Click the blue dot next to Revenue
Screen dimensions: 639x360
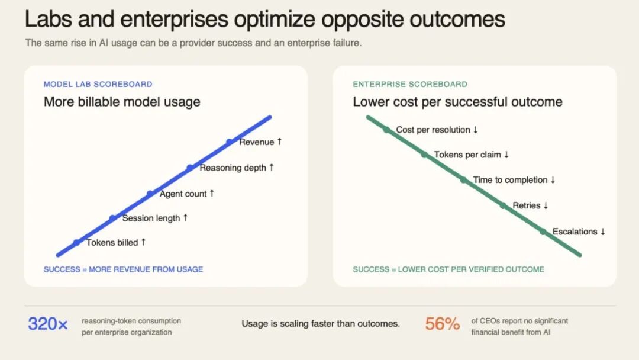point(230,142)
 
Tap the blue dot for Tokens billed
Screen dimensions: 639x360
point(76,243)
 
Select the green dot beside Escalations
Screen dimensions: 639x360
point(543,232)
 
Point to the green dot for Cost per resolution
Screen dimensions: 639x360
point(386,130)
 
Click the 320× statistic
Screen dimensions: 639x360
point(48,324)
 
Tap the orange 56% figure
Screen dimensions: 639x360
point(442,324)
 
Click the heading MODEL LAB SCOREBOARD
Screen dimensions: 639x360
point(98,85)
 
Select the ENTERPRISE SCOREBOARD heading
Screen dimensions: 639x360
point(410,85)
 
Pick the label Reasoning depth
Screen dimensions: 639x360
point(233,168)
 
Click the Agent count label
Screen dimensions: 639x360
point(183,194)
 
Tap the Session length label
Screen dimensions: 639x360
point(151,218)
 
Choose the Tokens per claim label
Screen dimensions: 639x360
point(467,155)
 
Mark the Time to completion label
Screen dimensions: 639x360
point(510,180)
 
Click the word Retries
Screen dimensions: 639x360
point(527,205)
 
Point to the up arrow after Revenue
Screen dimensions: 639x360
point(279,142)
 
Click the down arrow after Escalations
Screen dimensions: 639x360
point(603,232)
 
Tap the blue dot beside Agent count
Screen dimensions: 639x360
point(150,194)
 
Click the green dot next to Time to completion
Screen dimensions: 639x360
point(463,180)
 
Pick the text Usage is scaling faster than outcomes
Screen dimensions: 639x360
point(321,324)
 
